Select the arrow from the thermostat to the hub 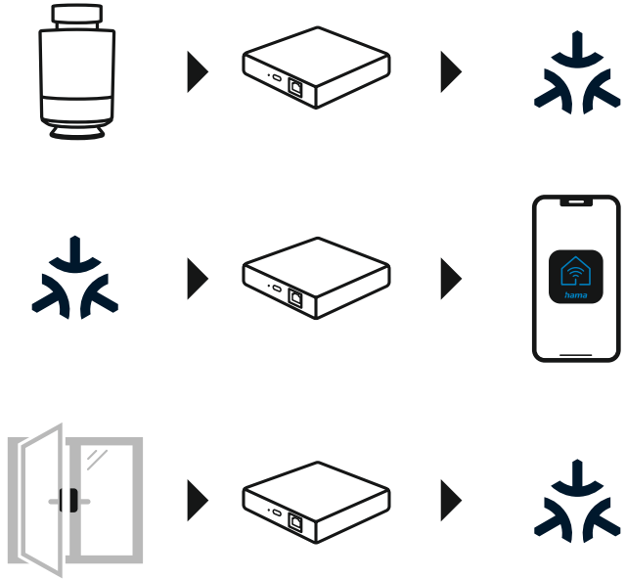(198, 71)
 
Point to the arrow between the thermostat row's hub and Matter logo (451, 71)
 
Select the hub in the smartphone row (316, 278)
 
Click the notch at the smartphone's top (576, 202)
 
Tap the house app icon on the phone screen (576, 277)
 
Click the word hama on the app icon (576, 292)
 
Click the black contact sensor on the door (68, 501)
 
